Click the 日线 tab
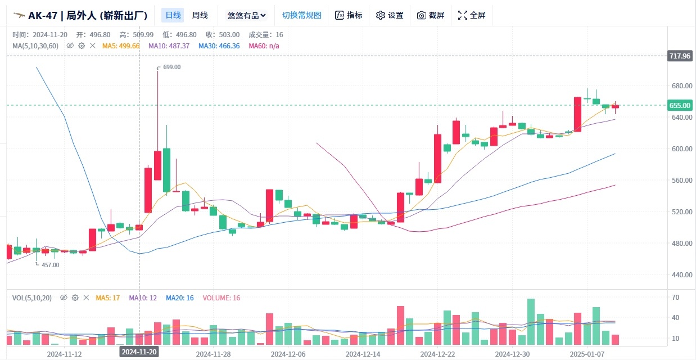point(172,15)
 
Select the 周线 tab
point(200,15)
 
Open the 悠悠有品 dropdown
point(246,15)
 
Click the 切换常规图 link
point(302,15)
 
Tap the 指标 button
point(349,15)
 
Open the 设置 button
point(390,15)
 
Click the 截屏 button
point(431,15)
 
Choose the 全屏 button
point(472,15)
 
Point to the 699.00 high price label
point(171,67)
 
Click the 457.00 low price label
point(50,264)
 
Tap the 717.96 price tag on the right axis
point(679,56)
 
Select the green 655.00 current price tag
point(679,105)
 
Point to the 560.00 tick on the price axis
point(680,181)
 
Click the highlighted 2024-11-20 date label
point(139,352)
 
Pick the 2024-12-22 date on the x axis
point(437,354)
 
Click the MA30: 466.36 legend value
point(219,46)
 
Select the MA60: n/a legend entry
point(264,46)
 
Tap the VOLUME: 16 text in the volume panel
point(222,298)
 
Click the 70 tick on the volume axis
point(675,297)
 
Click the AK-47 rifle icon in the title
point(19,15)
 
